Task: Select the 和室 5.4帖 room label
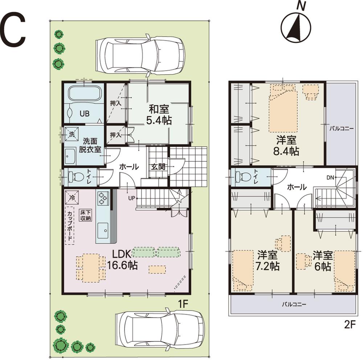pyautogui.click(x=159, y=115)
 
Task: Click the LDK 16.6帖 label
pyautogui.click(x=122, y=260)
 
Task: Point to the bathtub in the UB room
pyautogui.click(x=84, y=94)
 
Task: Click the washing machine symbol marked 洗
pyautogui.click(x=71, y=134)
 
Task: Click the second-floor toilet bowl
pyautogui.click(x=242, y=177)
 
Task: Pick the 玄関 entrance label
pyautogui.click(x=158, y=167)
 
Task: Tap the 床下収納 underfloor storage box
pyautogui.click(x=86, y=215)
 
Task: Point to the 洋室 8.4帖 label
pyautogui.click(x=286, y=145)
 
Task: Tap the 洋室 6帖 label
pyautogui.click(x=322, y=260)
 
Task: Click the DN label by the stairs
pyautogui.click(x=330, y=178)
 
